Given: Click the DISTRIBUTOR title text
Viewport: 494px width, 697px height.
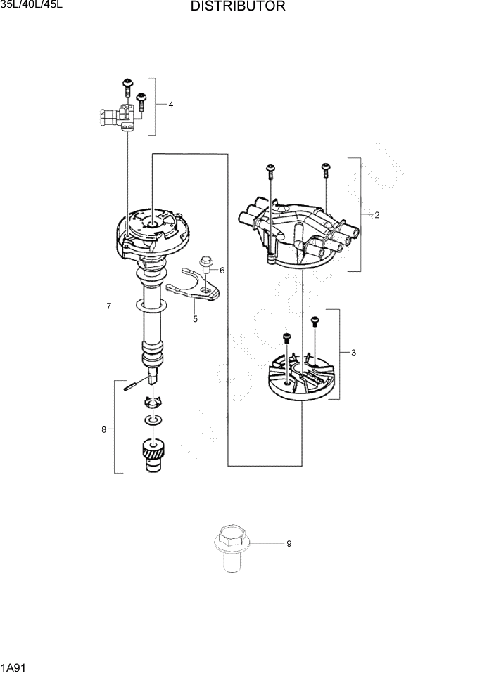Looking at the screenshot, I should (237, 7).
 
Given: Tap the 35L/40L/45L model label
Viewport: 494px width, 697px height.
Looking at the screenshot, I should (31, 6).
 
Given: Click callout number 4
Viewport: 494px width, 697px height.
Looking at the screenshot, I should (171, 105).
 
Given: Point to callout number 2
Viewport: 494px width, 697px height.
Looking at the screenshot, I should (377, 215).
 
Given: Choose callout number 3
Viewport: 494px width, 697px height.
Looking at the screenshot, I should (353, 353).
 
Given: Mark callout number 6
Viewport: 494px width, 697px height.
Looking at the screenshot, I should (222, 270).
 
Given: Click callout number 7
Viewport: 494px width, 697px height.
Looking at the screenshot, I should (108, 306).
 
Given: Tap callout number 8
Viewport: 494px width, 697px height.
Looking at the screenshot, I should (103, 429).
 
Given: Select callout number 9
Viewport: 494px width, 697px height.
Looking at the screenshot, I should (289, 543).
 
